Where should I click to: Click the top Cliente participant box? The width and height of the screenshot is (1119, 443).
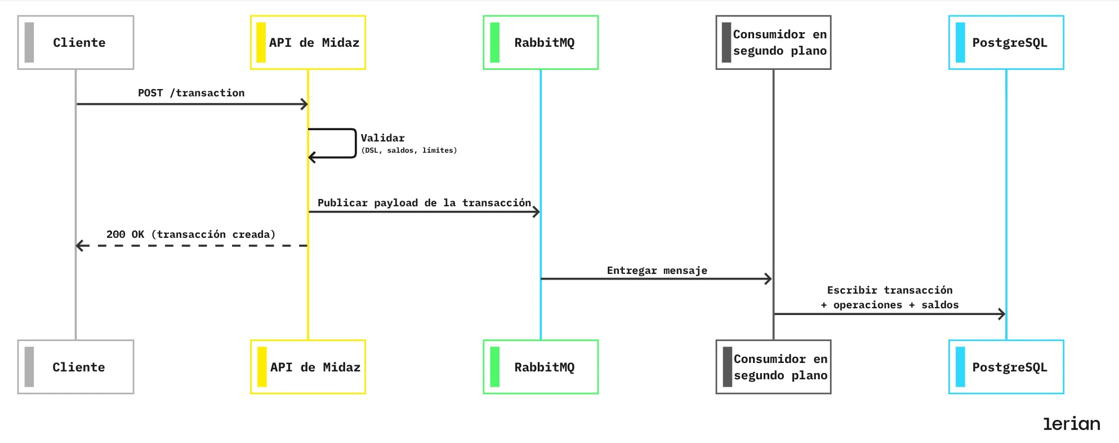tap(75, 42)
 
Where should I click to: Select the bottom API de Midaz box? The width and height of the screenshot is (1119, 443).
tap(308, 367)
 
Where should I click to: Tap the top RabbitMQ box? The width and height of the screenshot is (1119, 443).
tap(541, 42)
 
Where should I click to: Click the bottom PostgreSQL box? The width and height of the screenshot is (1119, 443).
tap(1006, 367)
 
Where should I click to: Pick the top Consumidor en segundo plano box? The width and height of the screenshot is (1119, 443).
tap(773, 42)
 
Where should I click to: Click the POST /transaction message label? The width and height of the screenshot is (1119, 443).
tap(191, 93)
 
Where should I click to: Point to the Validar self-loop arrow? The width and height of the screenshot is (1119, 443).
tap(355, 144)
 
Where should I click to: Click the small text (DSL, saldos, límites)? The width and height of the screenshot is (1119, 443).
tap(409, 150)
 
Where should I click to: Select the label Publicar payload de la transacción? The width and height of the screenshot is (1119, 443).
tap(424, 203)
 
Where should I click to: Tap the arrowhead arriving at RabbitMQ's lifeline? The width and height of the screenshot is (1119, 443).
tap(537, 212)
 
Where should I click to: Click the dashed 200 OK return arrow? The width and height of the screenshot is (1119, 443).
tap(191, 246)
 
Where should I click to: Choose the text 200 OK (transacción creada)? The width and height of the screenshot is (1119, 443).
tap(191, 234)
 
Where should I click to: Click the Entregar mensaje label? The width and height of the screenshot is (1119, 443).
tap(657, 271)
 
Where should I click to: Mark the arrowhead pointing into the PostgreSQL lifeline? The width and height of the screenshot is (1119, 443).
tap(1002, 314)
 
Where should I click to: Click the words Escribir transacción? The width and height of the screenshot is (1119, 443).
tap(890, 290)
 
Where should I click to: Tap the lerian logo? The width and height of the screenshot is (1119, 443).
tap(1071, 424)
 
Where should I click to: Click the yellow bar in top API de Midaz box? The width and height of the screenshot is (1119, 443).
tap(261, 42)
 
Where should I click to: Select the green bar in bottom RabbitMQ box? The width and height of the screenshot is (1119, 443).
tap(494, 367)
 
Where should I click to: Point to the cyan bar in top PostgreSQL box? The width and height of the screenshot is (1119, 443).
tap(960, 42)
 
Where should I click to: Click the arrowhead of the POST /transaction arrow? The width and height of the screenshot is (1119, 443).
tap(304, 104)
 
